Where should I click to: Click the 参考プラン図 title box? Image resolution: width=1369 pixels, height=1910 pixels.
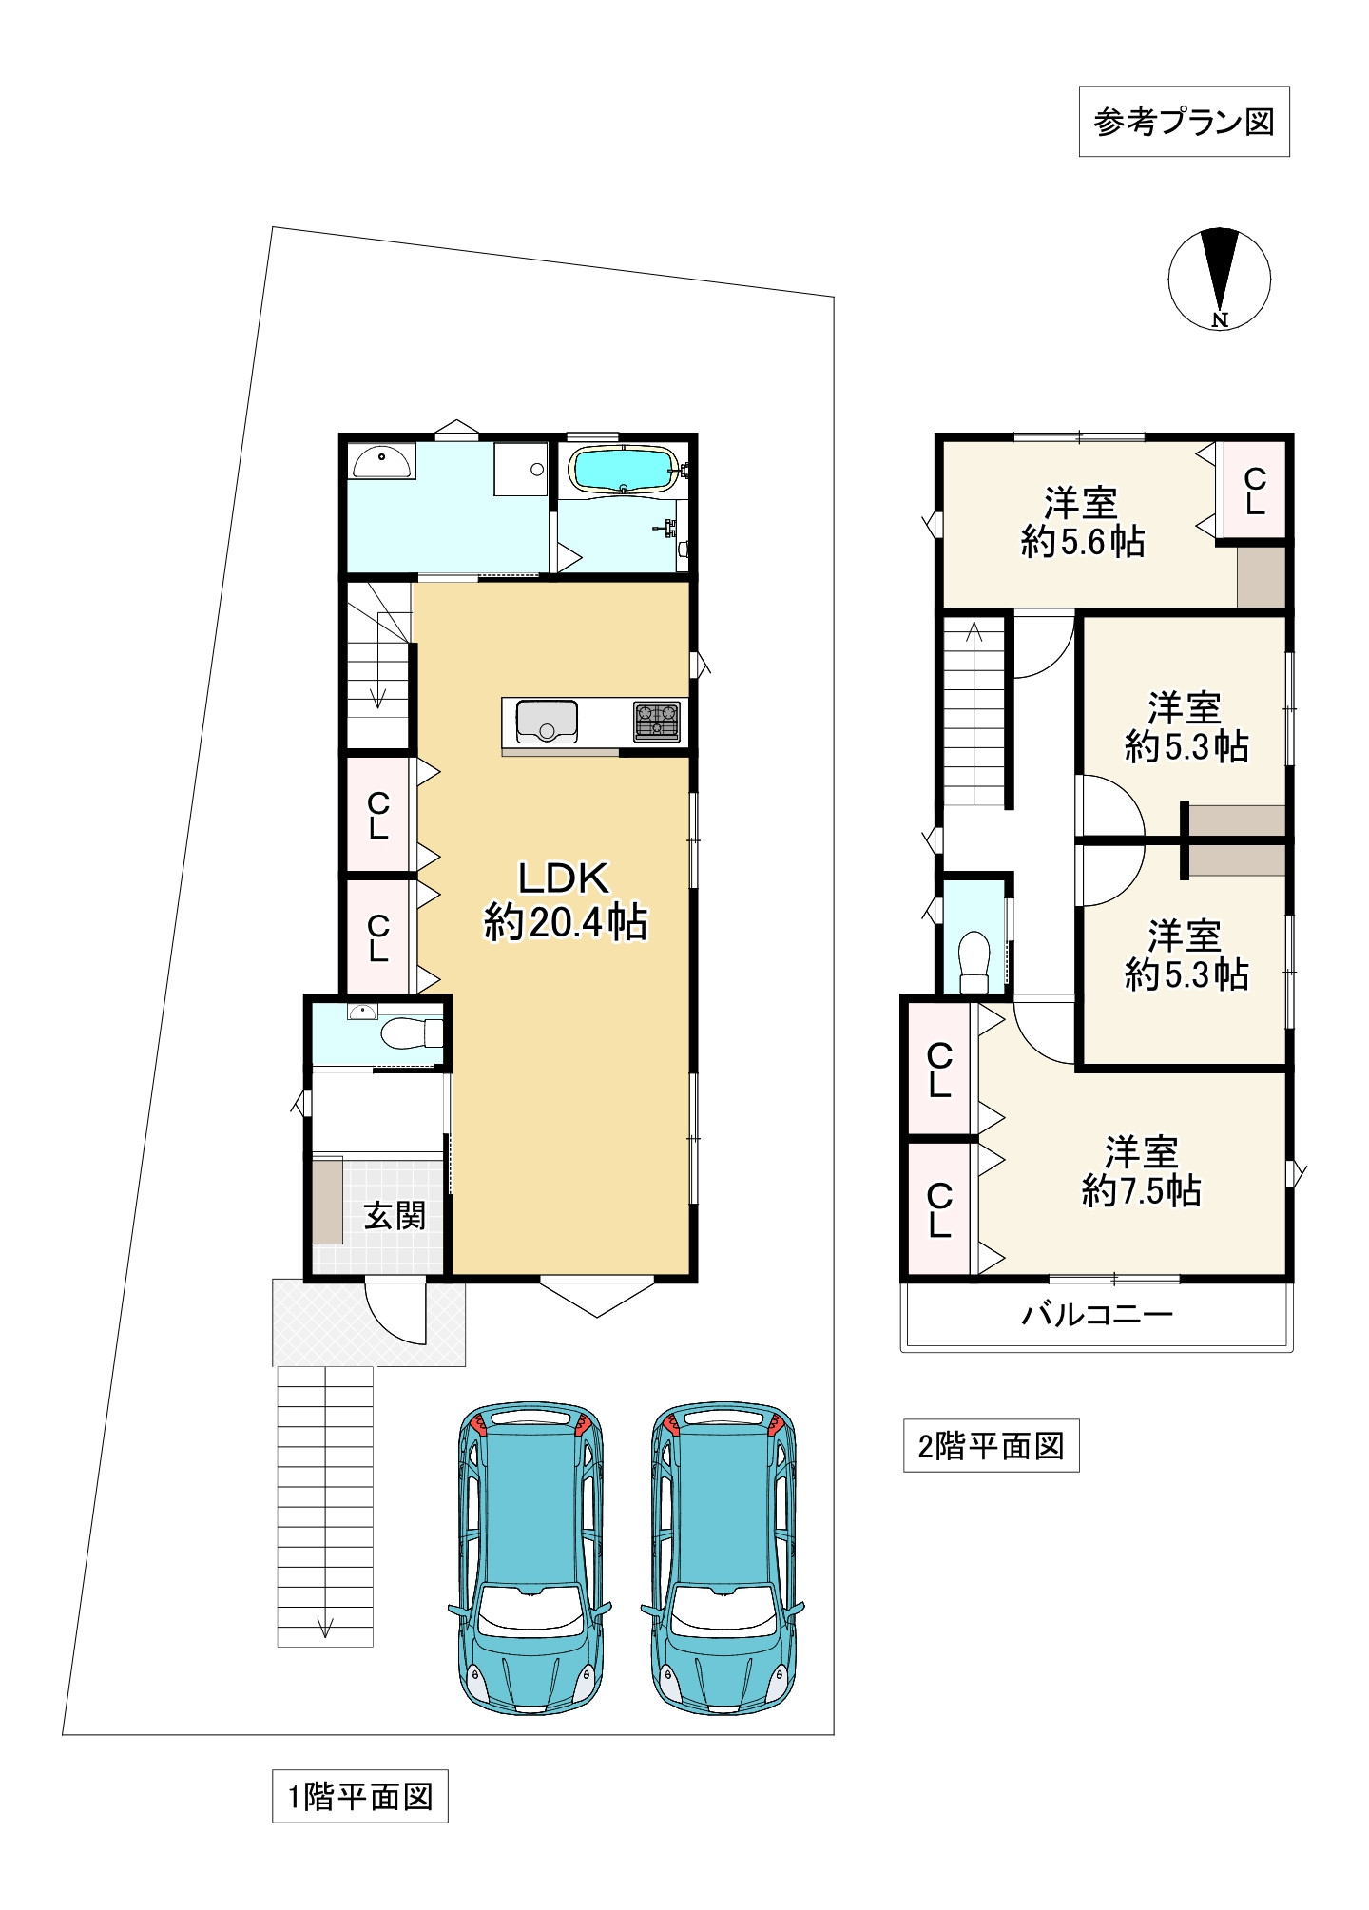click(1184, 122)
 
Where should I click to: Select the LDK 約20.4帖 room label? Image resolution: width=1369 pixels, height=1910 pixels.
click(565, 899)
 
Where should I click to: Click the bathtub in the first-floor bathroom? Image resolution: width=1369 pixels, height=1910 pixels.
click(622, 470)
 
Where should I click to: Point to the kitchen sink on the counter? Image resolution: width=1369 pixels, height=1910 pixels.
click(547, 722)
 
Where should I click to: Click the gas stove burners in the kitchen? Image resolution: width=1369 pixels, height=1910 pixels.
click(657, 721)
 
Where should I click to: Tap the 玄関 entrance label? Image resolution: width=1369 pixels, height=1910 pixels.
click(395, 1215)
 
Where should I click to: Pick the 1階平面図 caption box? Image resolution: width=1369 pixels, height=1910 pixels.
click(360, 1796)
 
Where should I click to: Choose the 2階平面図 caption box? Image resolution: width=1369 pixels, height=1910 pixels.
click(991, 1446)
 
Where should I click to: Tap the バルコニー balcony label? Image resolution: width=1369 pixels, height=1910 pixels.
click(1098, 1315)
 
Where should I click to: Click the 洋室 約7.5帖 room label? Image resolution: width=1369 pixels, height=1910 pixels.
click(1141, 1171)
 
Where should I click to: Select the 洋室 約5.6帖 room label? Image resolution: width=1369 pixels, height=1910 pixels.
click(1083, 522)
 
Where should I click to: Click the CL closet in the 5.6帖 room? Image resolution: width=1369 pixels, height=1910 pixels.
click(1254, 491)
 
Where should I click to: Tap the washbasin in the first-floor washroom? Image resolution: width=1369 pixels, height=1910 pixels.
click(382, 463)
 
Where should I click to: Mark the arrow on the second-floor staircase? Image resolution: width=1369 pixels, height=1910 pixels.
click(974, 714)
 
